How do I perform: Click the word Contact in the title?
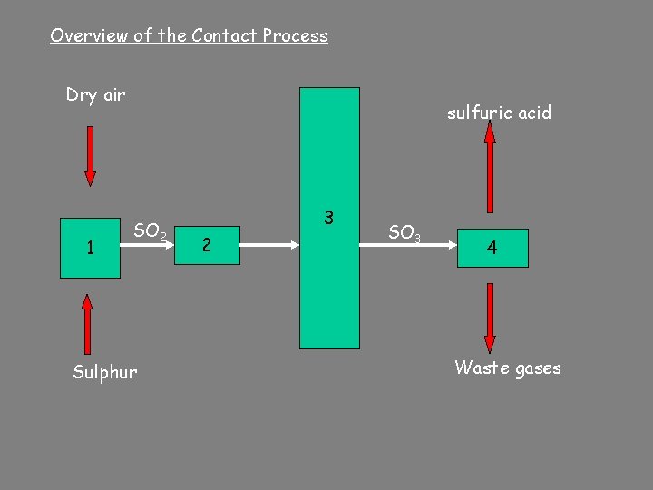224,36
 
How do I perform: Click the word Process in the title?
295,36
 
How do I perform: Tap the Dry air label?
95,94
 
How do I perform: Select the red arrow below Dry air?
90,155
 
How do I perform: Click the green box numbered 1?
90,247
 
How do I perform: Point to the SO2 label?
150,231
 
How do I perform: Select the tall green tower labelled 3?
329,290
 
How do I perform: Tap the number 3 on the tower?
328,218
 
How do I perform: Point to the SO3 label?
404,233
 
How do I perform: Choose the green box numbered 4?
491,247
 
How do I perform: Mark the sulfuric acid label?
499,113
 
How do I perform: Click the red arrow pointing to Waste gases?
490,318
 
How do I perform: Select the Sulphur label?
105,372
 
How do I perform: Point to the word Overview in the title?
87,36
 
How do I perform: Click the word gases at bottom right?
538,368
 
